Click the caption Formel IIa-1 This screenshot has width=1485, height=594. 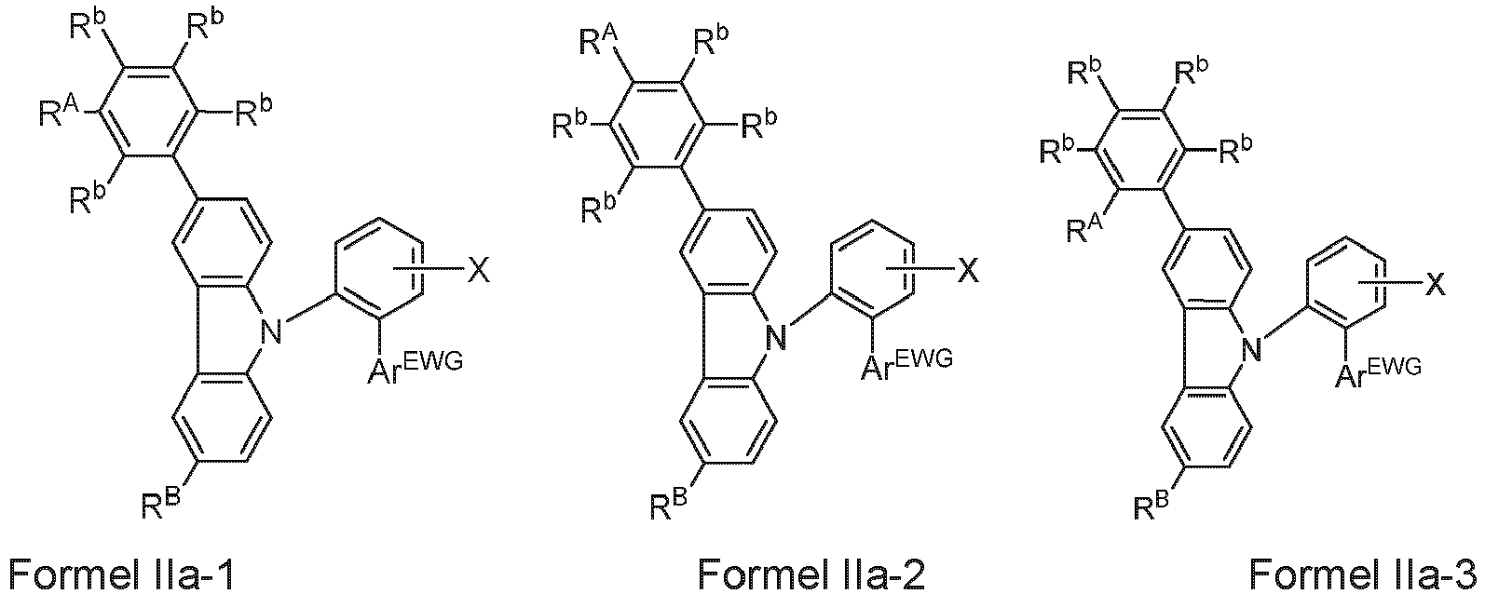tap(121, 573)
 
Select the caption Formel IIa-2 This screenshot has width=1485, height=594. tap(811, 573)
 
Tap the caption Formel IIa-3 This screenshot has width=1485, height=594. tap(1363, 573)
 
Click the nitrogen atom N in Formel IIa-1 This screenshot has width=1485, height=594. tap(270, 331)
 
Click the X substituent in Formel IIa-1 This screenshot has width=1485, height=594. tap(479, 269)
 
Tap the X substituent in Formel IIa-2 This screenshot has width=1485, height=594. tap(969, 269)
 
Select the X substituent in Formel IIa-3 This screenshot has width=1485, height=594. tap(1436, 286)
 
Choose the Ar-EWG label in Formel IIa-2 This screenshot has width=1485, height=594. tap(906, 364)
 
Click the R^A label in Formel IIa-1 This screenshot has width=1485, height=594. tap(59, 112)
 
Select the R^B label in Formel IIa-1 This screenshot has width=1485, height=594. tap(161, 504)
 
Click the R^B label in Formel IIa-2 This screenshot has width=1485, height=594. tap(669, 506)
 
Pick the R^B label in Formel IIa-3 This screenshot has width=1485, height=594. tap(1151, 506)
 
